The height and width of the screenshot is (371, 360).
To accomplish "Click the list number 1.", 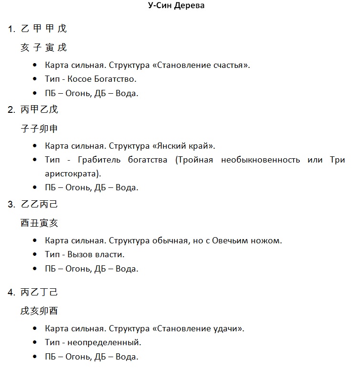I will [11, 29].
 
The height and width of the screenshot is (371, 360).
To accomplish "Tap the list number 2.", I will [11, 110].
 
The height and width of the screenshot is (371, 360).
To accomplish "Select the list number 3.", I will [11, 205].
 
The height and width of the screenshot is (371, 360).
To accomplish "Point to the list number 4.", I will [11, 292].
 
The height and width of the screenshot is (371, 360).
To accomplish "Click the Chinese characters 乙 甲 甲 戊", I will [43, 29].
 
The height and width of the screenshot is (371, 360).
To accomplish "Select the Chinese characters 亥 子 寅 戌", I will [43, 47].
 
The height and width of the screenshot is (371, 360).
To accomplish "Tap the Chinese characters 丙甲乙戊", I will [39, 109].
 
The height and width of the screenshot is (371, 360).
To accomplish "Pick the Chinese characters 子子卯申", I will [39, 129].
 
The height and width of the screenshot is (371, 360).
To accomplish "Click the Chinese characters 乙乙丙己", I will [39, 205].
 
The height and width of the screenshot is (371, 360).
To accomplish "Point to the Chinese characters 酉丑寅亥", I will [39, 223].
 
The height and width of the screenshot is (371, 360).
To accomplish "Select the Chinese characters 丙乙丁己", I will [39, 292].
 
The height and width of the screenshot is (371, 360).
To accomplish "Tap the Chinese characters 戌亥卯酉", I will [39, 311].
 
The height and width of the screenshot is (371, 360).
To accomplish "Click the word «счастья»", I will [232, 65].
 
